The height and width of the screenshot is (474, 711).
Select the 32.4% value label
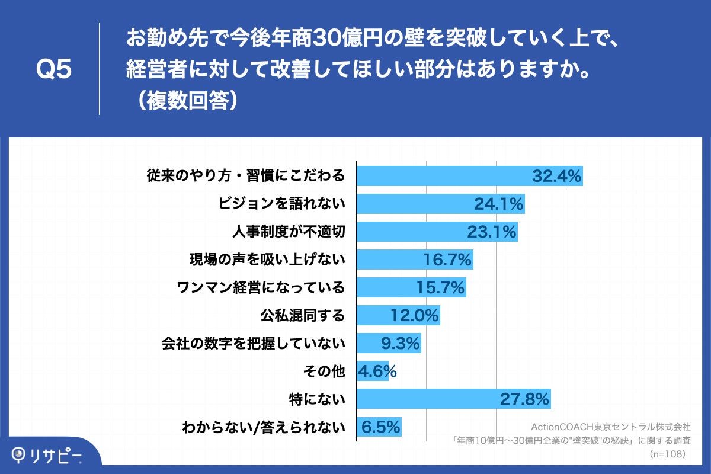pyautogui.click(x=556, y=176)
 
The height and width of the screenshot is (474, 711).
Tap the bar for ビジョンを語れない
pyautogui.click(x=440, y=204)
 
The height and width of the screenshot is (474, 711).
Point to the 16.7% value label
pyautogui.click(x=447, y=260)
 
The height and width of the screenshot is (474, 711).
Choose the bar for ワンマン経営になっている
pyautogui.click(x=411, y=287)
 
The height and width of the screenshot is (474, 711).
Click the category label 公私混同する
pyautogui.click(x=303, y=315)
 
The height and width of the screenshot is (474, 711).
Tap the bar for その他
pyautogui.click(x=372, y=371)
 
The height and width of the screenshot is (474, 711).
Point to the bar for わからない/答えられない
pyautogui.click(x=379, y=427)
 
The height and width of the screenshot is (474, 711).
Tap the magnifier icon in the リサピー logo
pyautogui.click(x=20, y=454)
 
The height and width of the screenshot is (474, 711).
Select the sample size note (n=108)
pyautogui.click(x=667, y=454)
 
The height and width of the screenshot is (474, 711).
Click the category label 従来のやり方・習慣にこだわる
pyautogui.click(x=245, y=176)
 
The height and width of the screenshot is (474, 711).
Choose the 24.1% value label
pyautogui.click(x=499, y=204)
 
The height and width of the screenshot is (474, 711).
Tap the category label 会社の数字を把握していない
pyautogui.click(x=253, y=343)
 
